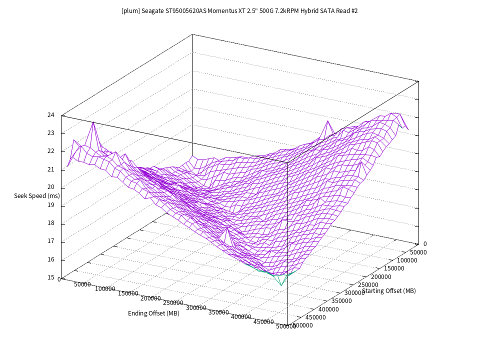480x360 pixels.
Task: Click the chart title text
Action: click(x=239, y=10)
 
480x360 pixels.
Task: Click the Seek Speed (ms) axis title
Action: click(x=37, y=195)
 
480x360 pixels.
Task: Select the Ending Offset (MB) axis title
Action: click(x=153, y=313)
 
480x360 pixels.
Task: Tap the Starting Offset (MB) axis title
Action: click(x=389, y=291)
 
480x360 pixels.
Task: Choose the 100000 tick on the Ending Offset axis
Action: click(x=104, y=289)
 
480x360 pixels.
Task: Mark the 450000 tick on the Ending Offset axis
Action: click(x=263, y=322)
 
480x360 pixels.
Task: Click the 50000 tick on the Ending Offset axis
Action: click(x=82, y=284)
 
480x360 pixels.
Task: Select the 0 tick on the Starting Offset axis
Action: click(x=424, y=244)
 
